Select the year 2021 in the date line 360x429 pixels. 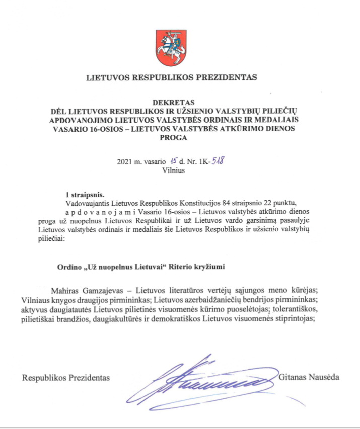click(125, 162)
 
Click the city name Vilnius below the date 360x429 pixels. click(173, 170)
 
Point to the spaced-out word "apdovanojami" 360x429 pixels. click(103, 211)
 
